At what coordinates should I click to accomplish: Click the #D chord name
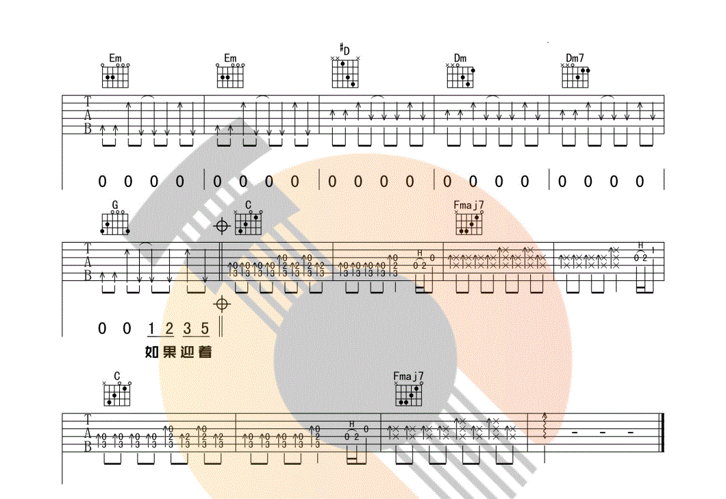pyautogui.click(x=345, y=49)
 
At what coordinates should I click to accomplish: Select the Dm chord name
pyautogui.click(x=460, y=58)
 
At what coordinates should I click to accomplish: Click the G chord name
pyautogui.click(x=115, y=205)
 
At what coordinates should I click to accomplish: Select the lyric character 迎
pyautogui.click(x=187, y=352)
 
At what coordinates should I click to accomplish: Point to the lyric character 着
pyautogui.click(x=204, y=352)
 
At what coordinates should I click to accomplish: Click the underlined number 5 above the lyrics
pyautogui.click(x=204, y=328)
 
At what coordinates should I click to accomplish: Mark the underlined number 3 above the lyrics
pyautogui.click(x=187, y=328)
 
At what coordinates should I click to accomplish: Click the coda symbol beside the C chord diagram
pyautogui.click(x=222, y=226)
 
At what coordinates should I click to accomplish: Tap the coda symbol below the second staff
pyautogui.click(x=221, y=303)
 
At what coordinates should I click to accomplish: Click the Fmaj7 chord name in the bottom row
pyautogui.click(x=408, y=376)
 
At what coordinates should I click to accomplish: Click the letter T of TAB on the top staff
pyautogui.click(x=88, y=100)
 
